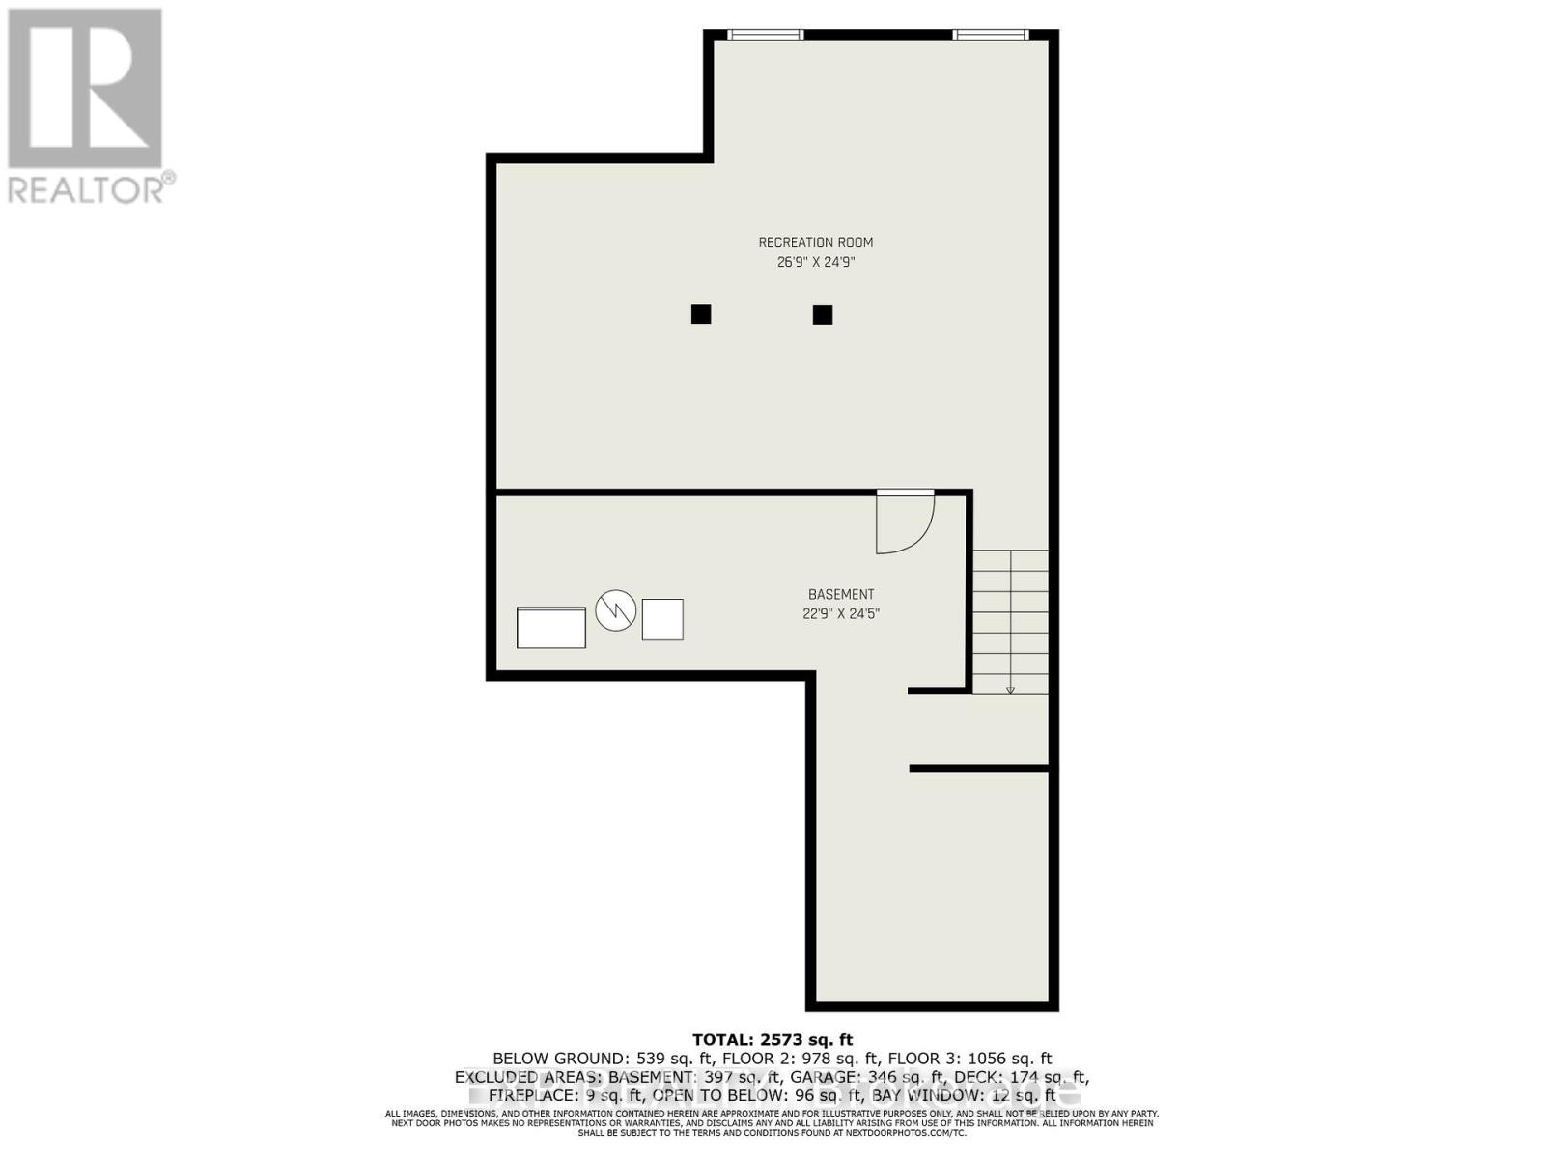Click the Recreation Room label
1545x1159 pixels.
[x=815, y=242]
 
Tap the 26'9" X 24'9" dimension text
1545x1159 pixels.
[x=816, y=262]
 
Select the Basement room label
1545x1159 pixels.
[x=841, y=595]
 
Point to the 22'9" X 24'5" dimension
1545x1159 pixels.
[x=841, y=613]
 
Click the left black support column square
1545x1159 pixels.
[x=701, y=314]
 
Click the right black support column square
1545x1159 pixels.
[x=823, y=314]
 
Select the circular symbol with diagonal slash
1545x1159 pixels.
[x=615, y=610]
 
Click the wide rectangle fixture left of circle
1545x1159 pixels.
[x=551, y=628]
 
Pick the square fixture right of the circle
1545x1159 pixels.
[x=662, y=620]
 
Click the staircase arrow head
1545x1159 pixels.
[x=1010, y=690]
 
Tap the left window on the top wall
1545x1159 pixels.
[x=765, y=35]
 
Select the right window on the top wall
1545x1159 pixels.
[x=990, y=35]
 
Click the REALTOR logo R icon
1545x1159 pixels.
[x=85, y=89]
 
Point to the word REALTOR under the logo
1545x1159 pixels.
[x=87, y=188]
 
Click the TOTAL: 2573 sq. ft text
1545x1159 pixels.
[x=772, y=1040]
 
